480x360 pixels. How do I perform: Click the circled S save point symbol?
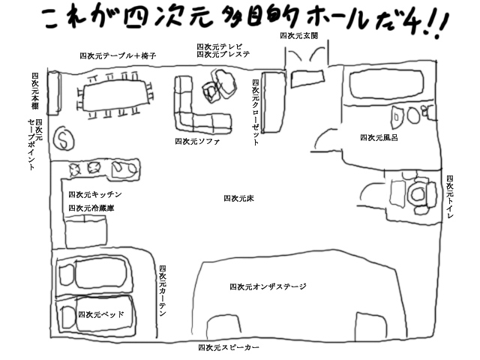(x=64, y=139)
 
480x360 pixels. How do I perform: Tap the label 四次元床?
(x=238, y=198)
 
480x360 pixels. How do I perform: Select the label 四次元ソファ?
(x=197, y=142)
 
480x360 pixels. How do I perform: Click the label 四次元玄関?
(x=299, y=36)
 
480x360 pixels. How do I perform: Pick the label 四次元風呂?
(x=379, y=138)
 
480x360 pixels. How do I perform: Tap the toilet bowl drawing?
(x=418, y=194)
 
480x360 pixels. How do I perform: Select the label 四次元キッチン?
(x=95, y=194)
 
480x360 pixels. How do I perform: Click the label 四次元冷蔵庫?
(x=91, y=208)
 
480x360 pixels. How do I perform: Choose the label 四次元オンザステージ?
(x=268, y=286)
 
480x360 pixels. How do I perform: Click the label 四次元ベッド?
(x=101, y=314)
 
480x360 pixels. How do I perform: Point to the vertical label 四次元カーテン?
(x=163, y=291)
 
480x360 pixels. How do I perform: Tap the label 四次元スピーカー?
(x=229, y=347)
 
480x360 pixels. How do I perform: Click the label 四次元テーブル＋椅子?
(x=118, y=55)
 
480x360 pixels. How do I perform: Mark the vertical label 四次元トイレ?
(x=450, y=196)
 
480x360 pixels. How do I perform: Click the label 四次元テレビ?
(x=220, y=46)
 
